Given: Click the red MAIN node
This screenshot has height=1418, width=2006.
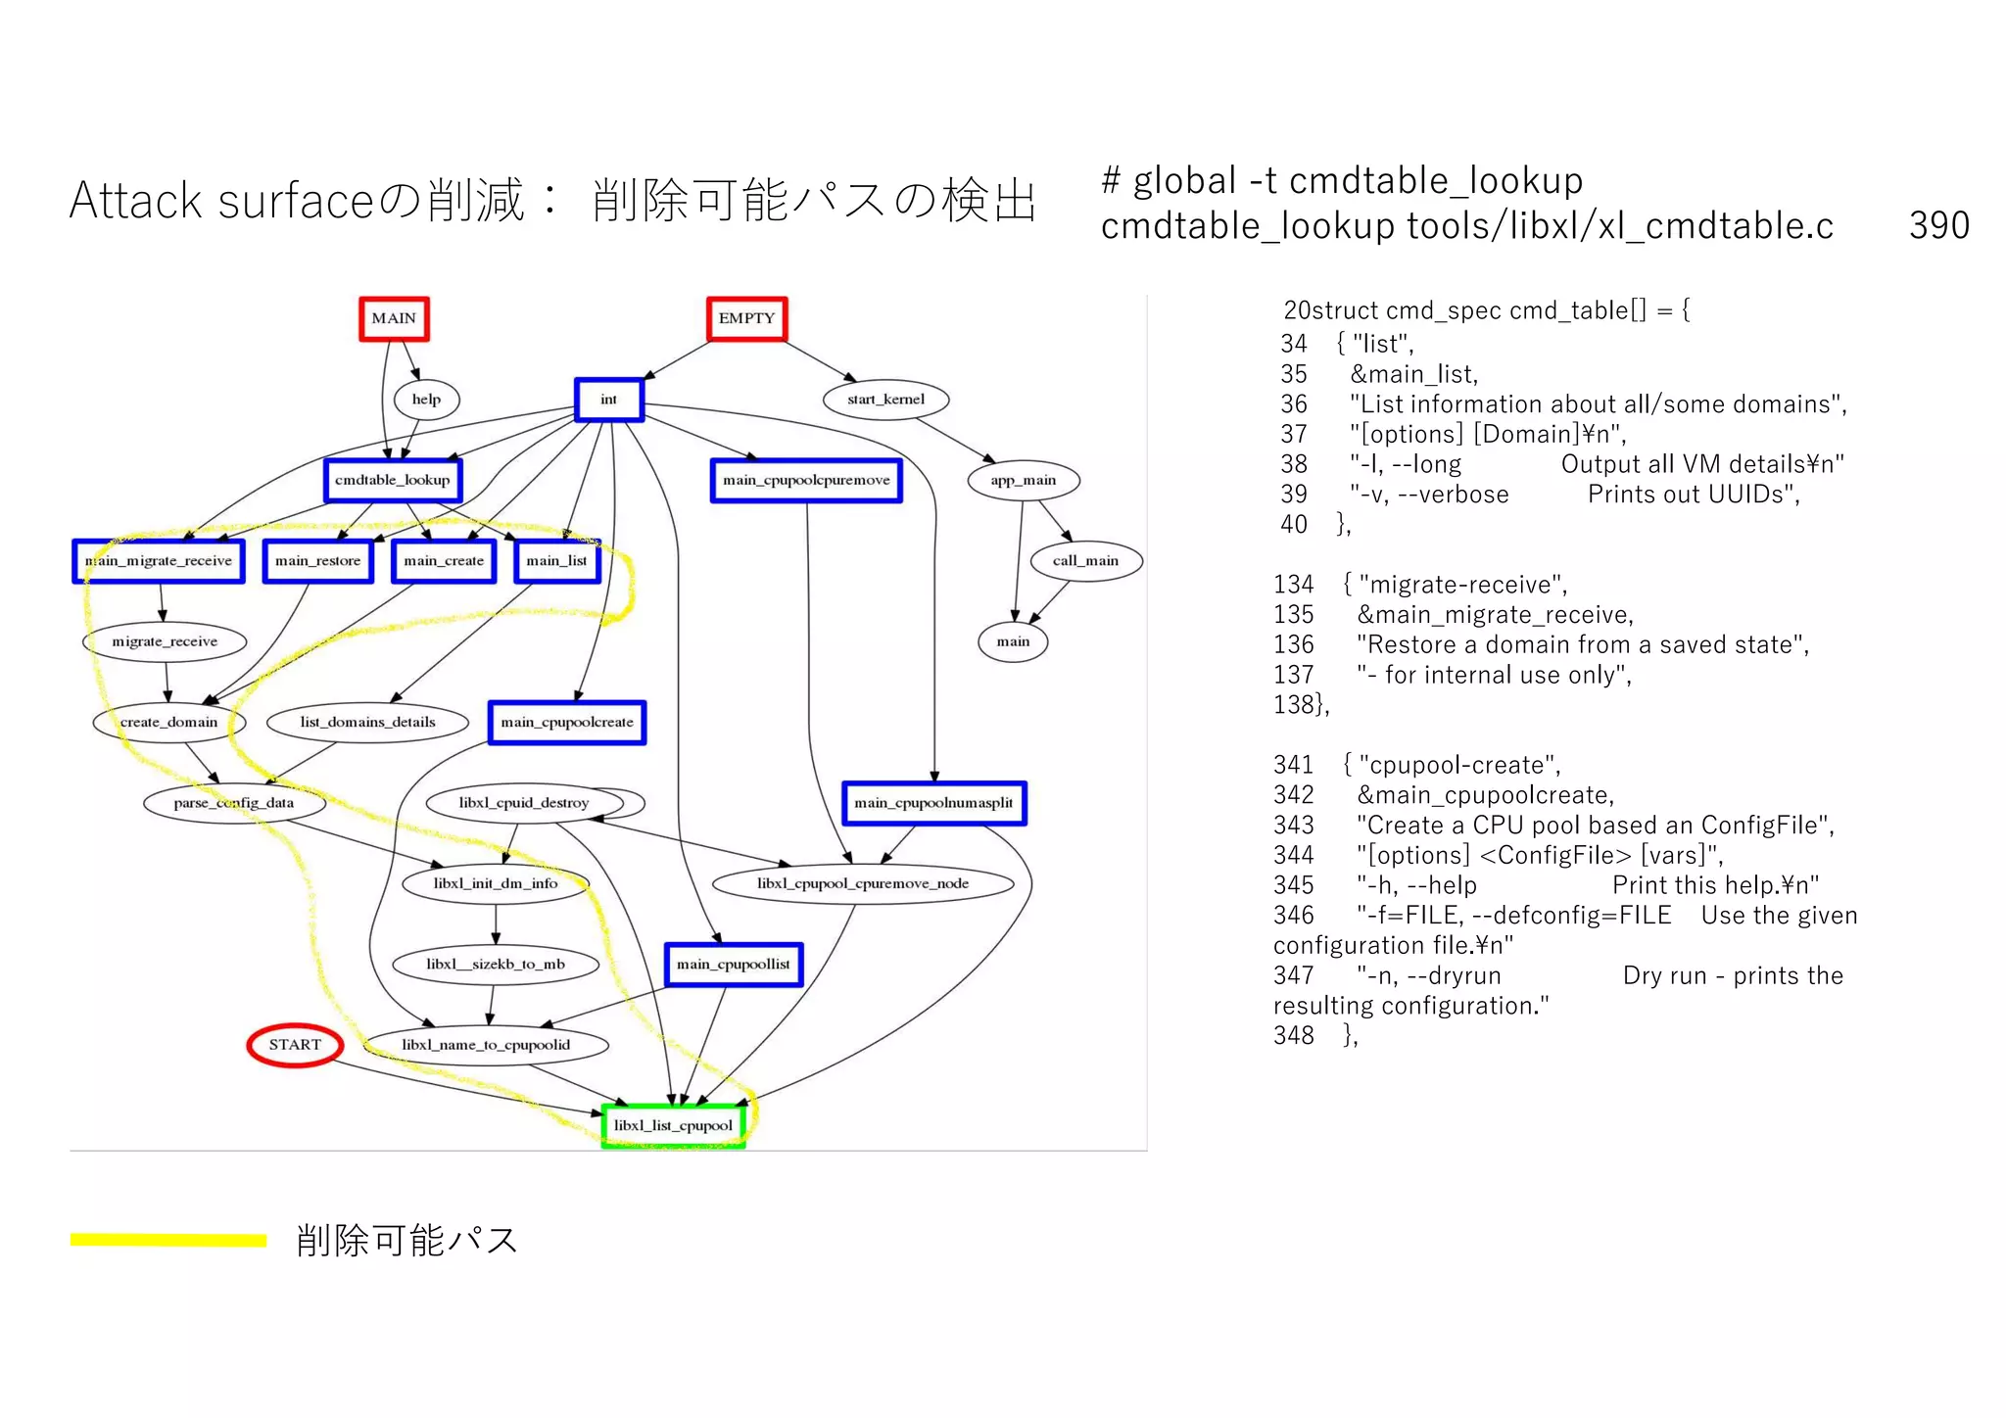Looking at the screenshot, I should [394, 318].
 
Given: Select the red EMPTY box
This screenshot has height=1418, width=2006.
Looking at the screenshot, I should [746, 318].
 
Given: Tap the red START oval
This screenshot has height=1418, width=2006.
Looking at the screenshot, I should [295, 1045].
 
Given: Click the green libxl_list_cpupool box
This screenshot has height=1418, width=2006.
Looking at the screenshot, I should [673, 1125].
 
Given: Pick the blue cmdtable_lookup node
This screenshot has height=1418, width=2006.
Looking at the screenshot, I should [393, 480].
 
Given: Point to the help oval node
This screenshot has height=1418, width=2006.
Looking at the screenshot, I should [426, 400].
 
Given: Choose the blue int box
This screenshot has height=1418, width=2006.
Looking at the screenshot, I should [608, 400].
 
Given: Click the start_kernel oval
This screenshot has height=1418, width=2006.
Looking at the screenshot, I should [885, 400].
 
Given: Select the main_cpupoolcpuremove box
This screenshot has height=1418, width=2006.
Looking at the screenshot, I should [806, 480].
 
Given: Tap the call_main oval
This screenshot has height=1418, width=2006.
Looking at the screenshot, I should [1085, 561].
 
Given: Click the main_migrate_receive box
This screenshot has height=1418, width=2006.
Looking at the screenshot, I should [159, 561].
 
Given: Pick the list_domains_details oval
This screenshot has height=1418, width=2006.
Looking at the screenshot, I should [367, 723].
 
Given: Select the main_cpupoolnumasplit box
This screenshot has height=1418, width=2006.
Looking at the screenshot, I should [933, 803].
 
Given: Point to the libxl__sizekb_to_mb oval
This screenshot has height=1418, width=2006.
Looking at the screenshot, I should [496, 965].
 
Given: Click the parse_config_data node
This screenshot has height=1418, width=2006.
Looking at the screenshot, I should [234, 803].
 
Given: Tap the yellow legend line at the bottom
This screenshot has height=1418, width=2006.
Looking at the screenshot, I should [168, 1241].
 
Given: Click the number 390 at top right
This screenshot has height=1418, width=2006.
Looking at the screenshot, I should [1938, 226].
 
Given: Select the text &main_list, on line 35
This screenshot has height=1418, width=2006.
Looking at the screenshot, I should [1413, 374].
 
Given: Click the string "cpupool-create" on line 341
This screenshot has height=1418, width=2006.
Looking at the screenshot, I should [1459, 765].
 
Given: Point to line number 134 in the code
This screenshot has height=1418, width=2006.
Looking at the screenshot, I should [1293, 585].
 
